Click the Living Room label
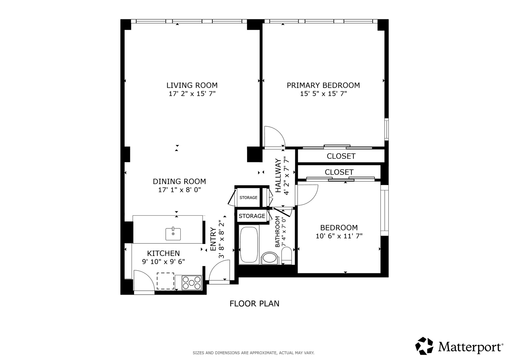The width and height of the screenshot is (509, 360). click(192, 85)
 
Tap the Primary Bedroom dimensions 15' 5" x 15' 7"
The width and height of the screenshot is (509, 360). click(323, 94)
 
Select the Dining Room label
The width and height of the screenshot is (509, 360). click(179, 181)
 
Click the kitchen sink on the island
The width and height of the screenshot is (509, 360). click(173, 234)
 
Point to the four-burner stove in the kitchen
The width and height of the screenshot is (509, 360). click(192, 283)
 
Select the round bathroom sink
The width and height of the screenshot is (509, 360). click(269, 258)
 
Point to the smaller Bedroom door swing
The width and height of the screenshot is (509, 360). click(307, 195)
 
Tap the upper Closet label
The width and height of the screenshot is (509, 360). click(341, 156)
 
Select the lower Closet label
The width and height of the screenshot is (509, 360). click(339, 172)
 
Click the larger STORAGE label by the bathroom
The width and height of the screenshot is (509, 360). click(252, 216)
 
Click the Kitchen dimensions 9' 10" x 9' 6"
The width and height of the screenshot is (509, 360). click(163, 262)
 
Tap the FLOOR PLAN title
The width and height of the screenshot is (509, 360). click(254, 303)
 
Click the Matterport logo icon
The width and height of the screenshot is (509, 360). click(424, 346)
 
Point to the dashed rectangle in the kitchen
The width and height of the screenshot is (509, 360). click(165, 281)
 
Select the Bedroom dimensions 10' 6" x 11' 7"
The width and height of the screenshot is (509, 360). click(339, 236)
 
